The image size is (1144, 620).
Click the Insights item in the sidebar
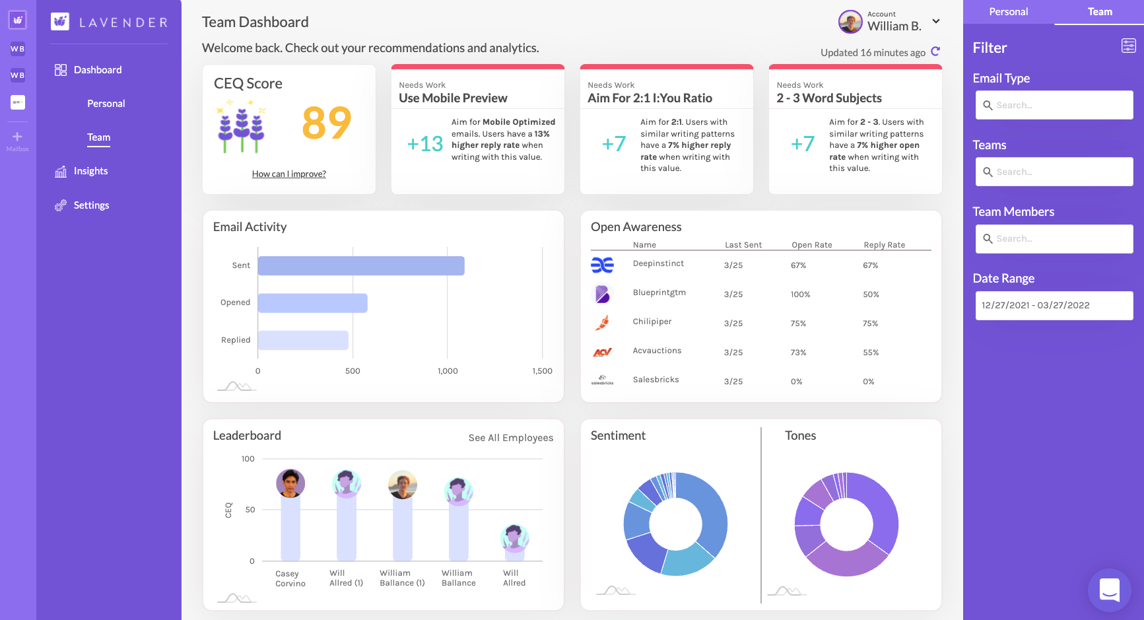[x=90, y=171]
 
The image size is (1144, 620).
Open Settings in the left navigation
[x=91, y=205]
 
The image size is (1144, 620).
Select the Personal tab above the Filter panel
[x=1008, y=12]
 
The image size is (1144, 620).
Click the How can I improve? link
[x=288, y=174]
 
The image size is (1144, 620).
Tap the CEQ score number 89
[x=326, y=123]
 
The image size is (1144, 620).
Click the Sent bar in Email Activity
[x=361, y=265]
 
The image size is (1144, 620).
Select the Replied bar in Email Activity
[x=303, y=340]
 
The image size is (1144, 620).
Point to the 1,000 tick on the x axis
[x=448, y=371]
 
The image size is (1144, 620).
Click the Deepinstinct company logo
[x=602, y=265]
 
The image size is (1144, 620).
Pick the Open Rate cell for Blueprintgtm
[x=800, y=294]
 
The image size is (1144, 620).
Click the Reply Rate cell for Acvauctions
[x=871, y=353]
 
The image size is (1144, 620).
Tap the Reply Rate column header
[x=884, y=245]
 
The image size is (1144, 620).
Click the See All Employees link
[x=510, y=438]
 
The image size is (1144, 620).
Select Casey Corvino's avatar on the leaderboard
[x=290, y=483]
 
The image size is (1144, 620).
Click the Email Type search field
[x=1054, y=105]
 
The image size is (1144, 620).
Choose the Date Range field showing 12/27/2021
[x=1054, y=306]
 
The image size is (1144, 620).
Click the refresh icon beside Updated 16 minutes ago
[x=935, y=52]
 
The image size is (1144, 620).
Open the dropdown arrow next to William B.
[x=936, y=21]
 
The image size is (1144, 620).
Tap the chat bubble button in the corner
[x=1109, y=590]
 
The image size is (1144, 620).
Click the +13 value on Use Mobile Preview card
[x=424, y=144]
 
